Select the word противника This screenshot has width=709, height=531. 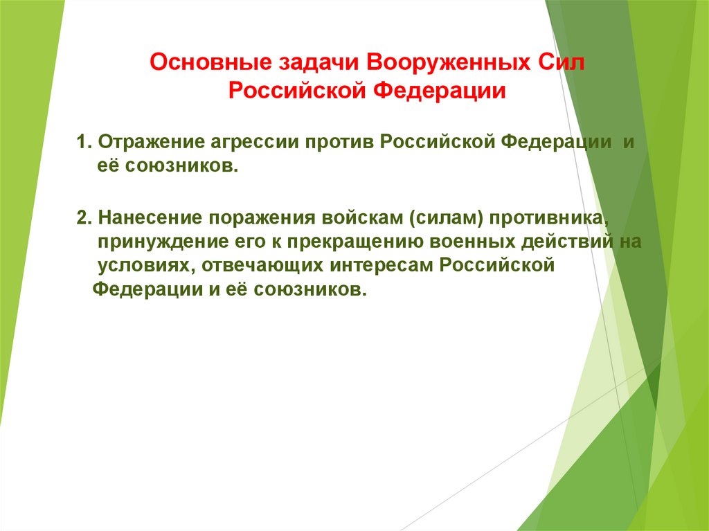[x=551, y=219]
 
